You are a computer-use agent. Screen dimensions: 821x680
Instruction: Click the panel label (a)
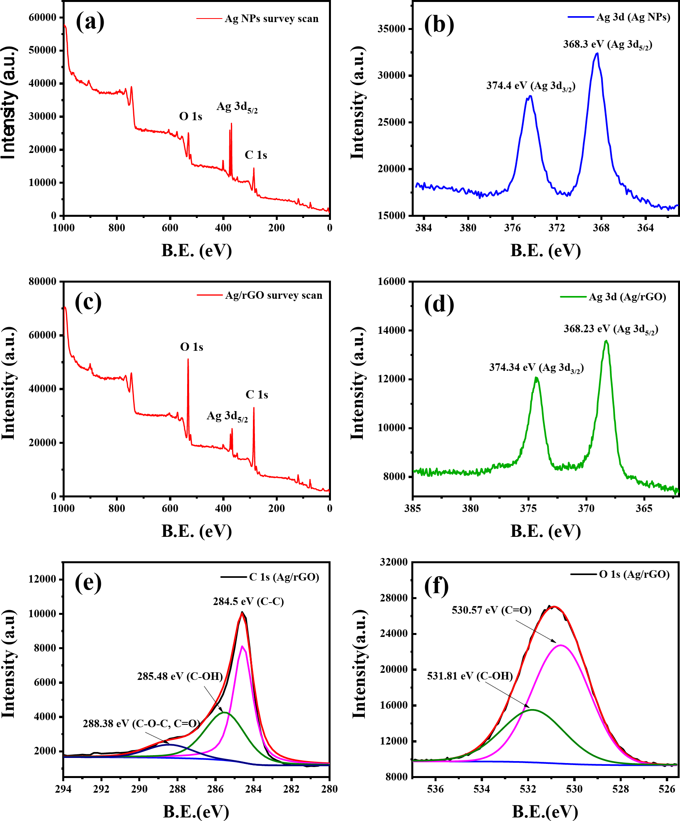(90, 22)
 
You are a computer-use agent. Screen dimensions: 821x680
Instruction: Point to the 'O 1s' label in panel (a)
(191, 116)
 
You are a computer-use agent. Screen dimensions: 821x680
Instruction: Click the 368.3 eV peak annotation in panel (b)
(607, 45)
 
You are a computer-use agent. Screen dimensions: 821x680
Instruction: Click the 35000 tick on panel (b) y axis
(391, 29)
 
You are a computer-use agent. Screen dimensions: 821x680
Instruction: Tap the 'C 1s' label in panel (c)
(257, 395)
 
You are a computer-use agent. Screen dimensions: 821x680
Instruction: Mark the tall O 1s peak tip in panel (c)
(188, 359)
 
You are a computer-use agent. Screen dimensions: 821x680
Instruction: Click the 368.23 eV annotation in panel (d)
(611, 329)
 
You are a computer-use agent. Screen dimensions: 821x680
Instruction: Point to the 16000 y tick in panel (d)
(391, 281)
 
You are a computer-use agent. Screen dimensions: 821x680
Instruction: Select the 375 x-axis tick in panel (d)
(528, 508)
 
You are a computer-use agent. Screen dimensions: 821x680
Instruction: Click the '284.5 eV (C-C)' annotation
(248, 601)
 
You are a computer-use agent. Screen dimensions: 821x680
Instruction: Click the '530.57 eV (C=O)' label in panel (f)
(491, 611)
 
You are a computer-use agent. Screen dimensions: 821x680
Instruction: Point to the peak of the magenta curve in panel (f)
(561, 645)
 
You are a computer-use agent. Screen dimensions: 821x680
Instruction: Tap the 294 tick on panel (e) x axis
(63, 789)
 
